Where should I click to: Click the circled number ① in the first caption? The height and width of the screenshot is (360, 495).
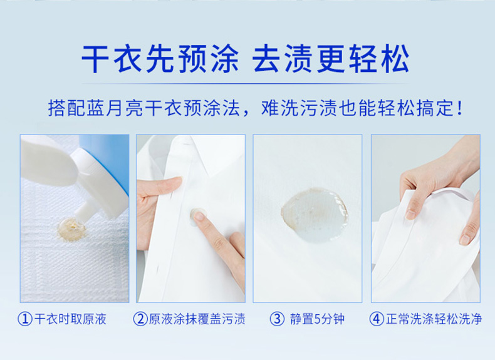point(25,319)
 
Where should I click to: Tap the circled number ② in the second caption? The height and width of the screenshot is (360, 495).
point(140,319)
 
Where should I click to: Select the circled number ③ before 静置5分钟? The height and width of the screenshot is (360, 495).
point(277,319)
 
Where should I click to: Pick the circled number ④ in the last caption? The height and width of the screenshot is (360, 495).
point(377,319)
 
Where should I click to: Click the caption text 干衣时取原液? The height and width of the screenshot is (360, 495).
point(70,319)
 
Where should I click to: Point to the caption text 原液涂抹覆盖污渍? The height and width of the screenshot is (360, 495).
point(197,319)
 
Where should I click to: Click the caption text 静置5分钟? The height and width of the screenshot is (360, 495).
point(317,319)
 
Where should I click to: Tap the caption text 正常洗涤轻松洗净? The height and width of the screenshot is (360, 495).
point(434,319)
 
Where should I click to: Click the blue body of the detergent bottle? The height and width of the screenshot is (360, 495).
point(109,158)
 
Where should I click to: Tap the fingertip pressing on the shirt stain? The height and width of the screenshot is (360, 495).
point(198,217)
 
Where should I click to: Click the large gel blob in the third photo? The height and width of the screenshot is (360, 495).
point(314,215)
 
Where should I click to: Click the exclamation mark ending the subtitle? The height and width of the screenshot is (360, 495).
point(460,108)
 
